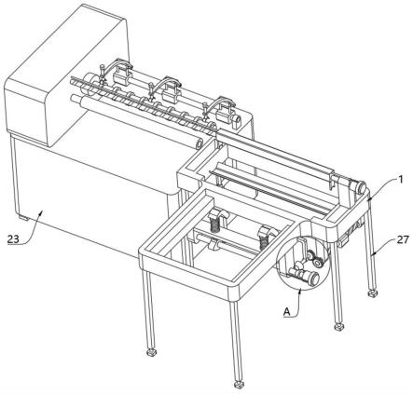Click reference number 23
click(x=13, y=239)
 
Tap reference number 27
click(x=403, y=239)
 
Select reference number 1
click(x=401, y=179)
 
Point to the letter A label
click(x=287, y=311)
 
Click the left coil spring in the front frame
click(x=214, y=224)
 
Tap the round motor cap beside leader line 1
click(x=361, y=187)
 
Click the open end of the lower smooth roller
click(x=199, y=143)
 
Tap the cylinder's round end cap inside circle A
click(x=314, y=277)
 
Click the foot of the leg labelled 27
click(x=372, y=292)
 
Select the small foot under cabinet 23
click(x=23, y=218)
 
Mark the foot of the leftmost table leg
click(x=151, y=353)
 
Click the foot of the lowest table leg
click(x=239, y=385)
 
